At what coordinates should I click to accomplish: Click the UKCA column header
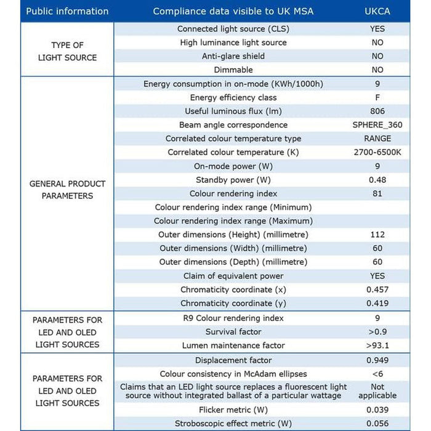[x=377, y=11]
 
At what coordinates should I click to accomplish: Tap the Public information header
[x=67, y=11]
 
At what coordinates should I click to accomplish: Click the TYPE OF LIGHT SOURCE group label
[x=67, y=51]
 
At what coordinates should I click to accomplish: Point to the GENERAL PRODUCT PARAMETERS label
[x=67, y=190]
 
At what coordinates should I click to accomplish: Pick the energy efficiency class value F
[x=377, y=97]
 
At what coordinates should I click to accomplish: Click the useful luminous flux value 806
[x=377, y=111]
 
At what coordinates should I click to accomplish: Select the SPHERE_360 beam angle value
[x=377, y=125]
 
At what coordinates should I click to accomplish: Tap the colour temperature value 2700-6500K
[x=377, y=152]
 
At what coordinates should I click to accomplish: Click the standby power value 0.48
[x=377, y=180]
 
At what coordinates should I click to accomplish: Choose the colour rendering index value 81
[x=377, y=193]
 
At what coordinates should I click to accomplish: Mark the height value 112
[x=377, y=235]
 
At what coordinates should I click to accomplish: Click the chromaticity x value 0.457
[x=377, y=289]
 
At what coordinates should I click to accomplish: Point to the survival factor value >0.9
[x=377, y=331]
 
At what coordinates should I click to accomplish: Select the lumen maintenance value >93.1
[x=377, y=345]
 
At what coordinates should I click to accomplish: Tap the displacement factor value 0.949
[x=377, y=360]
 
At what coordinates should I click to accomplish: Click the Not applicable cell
[x=377, y=391]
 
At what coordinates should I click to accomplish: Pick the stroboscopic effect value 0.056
[x=377, y=424]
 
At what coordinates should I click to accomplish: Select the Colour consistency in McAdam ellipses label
[x=233, y=374]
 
